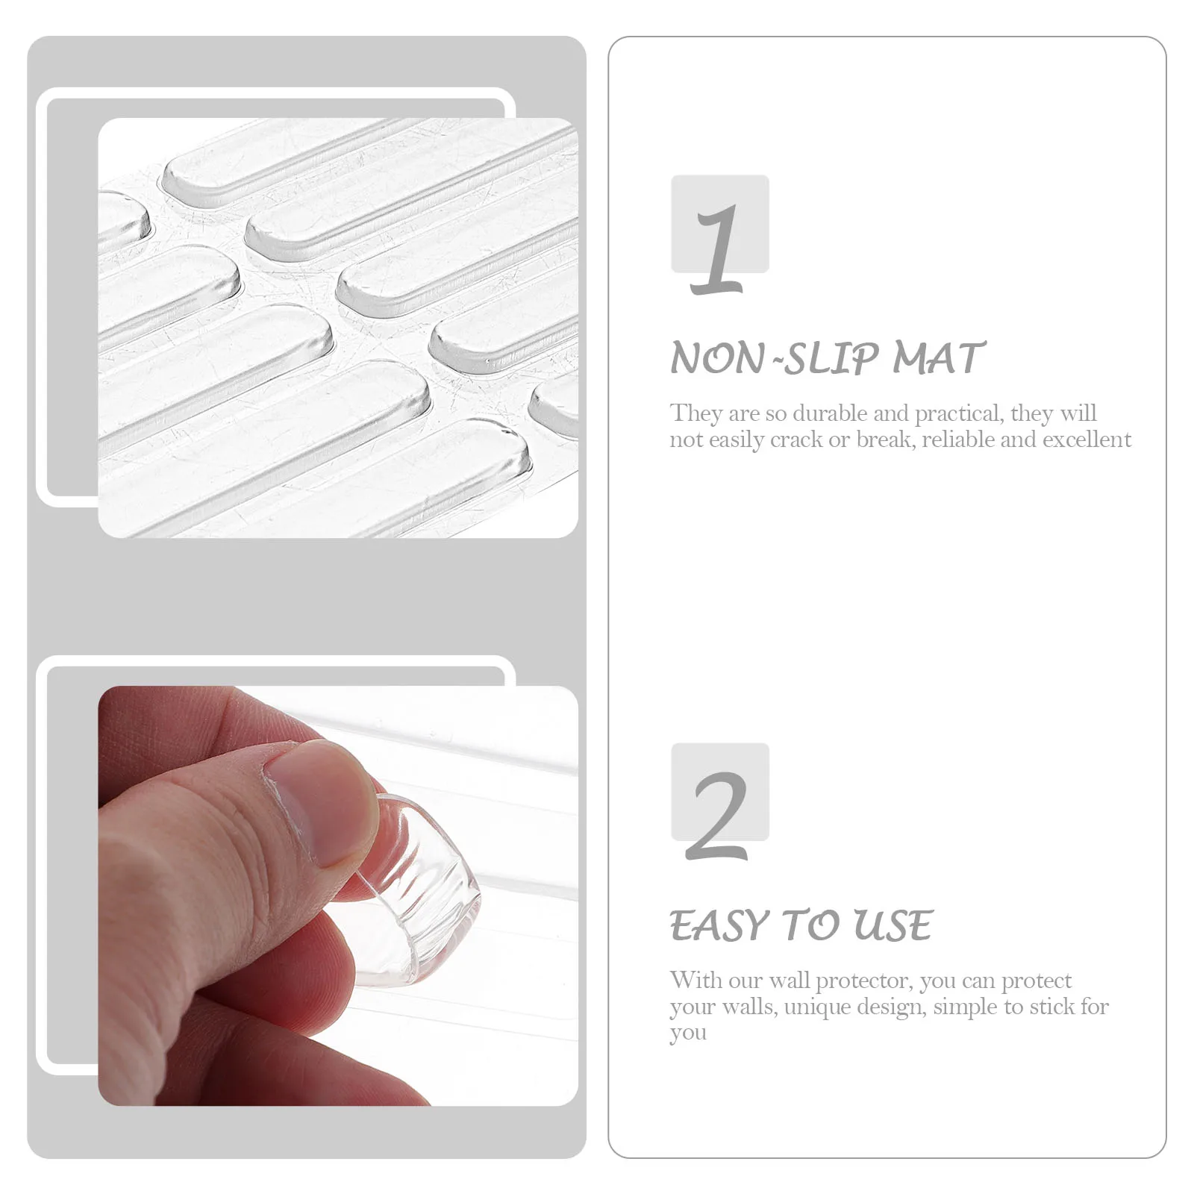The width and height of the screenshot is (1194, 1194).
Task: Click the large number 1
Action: (718, 249)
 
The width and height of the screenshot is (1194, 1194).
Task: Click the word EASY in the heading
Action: (719, 926)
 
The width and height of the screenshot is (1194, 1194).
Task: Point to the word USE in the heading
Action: (893, 926)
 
